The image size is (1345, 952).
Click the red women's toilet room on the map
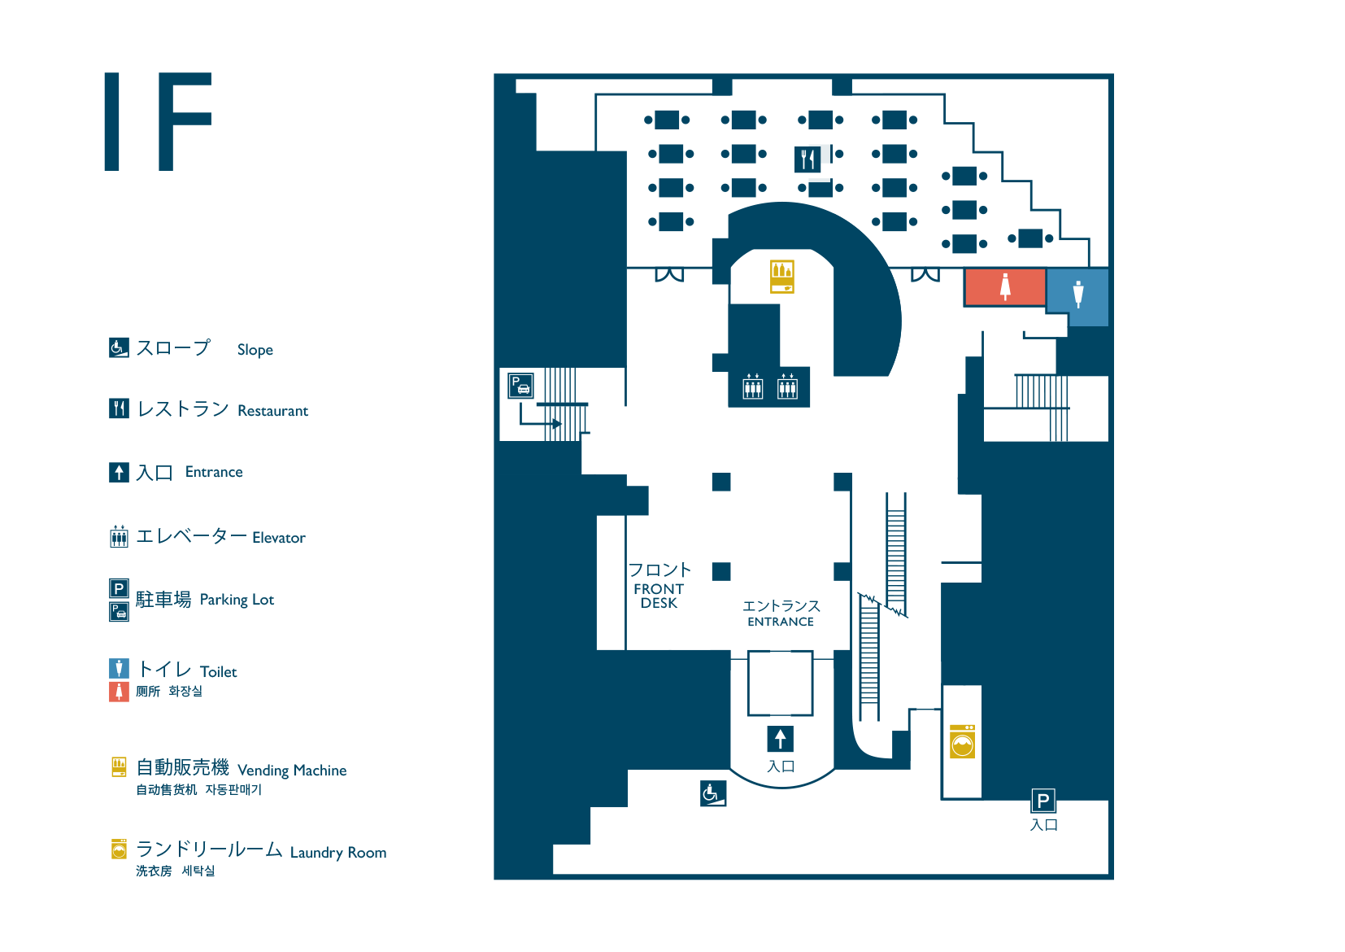(1004, 287)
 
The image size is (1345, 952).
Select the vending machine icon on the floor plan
(782, 277)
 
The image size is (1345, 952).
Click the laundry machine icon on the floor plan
(963, 741)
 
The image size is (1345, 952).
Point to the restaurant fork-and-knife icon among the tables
(807, 159)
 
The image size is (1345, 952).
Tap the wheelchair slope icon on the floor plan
(712, 793)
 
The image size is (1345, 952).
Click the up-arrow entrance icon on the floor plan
(780, 739)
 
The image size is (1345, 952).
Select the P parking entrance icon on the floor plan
(1043, 801)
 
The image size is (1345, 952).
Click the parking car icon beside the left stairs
(520, 385)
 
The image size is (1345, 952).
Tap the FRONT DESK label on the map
(659, 596)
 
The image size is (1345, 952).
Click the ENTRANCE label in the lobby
(781, 622)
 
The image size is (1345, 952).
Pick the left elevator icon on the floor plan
(753, 387)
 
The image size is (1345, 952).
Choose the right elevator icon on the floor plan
(787, 387)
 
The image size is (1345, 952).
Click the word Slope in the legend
(255, 350)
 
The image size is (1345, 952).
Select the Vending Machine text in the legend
(292, 771)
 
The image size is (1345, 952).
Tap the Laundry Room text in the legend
(338, 853)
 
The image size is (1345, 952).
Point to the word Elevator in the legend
(279, 538)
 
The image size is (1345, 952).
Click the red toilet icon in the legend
(119, 692)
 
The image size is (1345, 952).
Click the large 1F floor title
(159, 122)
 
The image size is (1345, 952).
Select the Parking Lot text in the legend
(237, 600)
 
